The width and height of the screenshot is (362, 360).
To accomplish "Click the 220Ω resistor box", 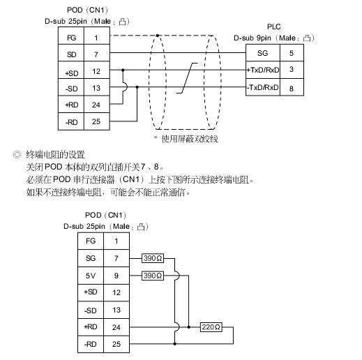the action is [211, 327].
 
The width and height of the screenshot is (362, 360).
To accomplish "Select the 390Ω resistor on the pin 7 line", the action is [153, 258].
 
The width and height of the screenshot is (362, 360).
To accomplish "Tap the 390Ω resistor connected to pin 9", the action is [153, 276].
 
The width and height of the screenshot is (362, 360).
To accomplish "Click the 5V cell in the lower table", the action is [91, 276].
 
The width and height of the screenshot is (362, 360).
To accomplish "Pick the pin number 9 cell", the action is [116, 276].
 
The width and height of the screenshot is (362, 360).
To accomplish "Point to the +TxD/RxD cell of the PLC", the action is [263, 70].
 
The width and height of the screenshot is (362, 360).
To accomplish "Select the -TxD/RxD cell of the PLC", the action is [263, 87].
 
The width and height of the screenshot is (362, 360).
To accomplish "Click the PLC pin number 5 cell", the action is [292, 53].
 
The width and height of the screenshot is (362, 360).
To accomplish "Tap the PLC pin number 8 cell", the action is [292, 88].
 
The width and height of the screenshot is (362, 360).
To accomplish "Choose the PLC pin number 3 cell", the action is [292, 70].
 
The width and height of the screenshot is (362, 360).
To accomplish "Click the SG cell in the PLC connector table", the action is [263, 53].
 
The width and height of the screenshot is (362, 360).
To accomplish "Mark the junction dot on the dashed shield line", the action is [158, 36].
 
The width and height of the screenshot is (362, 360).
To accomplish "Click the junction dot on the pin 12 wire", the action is [123, 70].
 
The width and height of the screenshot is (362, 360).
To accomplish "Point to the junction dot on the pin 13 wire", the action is [137, 87].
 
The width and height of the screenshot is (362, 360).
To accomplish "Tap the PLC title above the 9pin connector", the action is [274, 27].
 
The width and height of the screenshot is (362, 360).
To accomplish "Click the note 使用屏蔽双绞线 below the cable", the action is [190, 139].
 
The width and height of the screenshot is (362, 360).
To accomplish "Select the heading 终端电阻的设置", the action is [55, 154].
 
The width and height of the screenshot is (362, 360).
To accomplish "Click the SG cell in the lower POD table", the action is [91, 258].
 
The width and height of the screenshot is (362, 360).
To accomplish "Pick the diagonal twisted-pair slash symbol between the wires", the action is [187, 78].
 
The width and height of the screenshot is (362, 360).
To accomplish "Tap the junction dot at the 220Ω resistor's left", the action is [188, 327].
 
